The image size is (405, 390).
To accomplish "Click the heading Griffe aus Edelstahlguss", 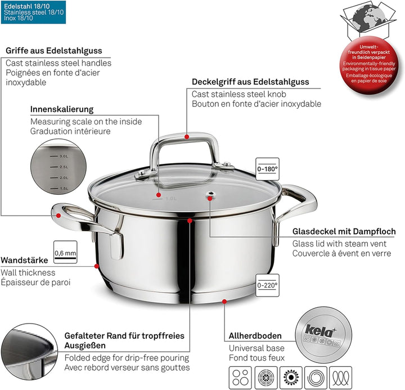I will pyautogui.click(x=54, y=51).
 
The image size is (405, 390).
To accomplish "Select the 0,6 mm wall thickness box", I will pyautogui.click(x=65, y=253).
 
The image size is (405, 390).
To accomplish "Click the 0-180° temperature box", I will pyautogui.click(x=267, y=168).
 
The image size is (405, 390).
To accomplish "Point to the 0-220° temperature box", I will pyautogui.click(x=267, y=285).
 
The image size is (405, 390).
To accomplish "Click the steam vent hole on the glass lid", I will pyautogui.click(x=210, y=196).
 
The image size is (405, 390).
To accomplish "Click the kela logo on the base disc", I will pyautogui.click(x=316, y=330).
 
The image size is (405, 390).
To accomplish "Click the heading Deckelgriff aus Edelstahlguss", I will pyautogui.click(x=250, y=82).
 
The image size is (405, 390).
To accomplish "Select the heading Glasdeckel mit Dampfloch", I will pyautogui.click(x=344, y=232).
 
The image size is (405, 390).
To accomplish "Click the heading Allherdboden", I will pyautogui.click(x=255, y=336).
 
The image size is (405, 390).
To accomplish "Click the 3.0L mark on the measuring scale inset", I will pyautogui.click(x=62, y=156).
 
